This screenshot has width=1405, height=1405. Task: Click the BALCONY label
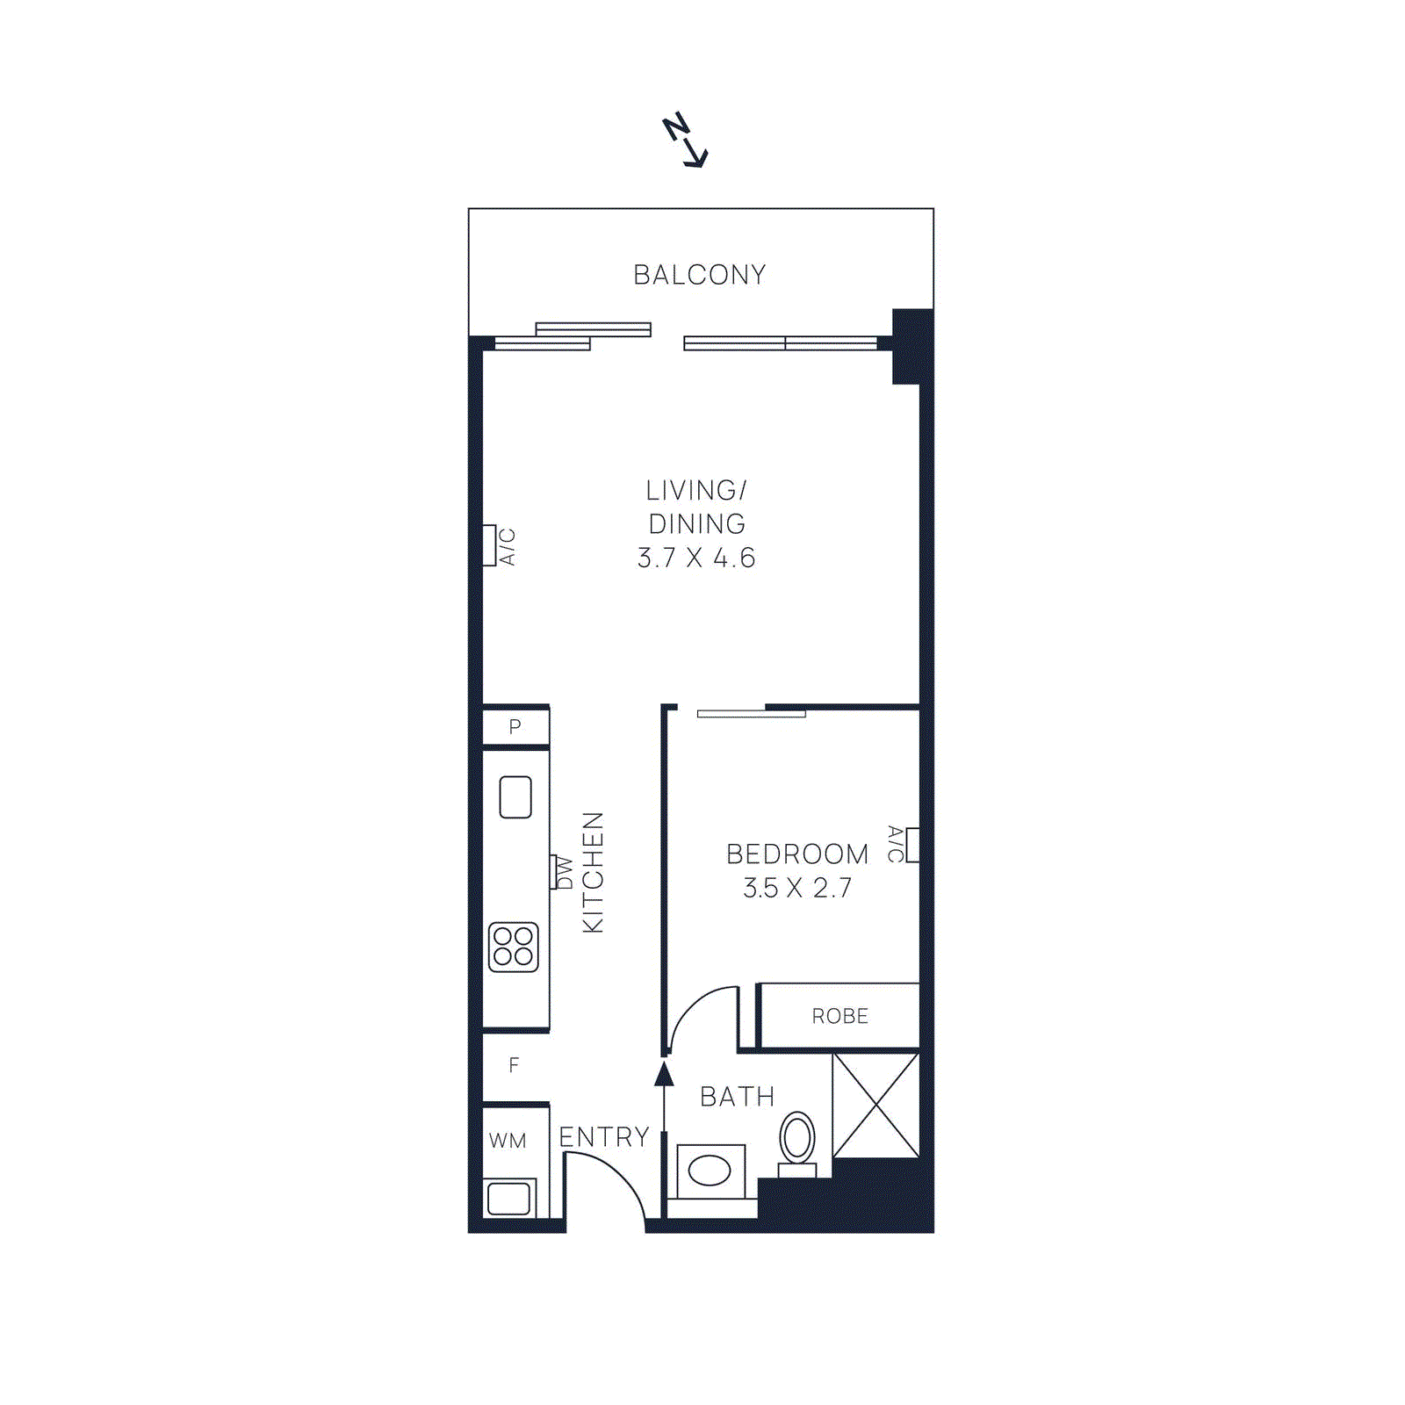click(x=700, y=275)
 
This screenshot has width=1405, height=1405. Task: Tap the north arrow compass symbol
click(x=685, y=140)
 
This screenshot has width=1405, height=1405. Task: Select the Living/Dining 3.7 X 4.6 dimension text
click(x=696, y=558)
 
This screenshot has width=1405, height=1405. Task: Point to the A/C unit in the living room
click(x=489, y=545)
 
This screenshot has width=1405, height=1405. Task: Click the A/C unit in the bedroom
click(x=912, y=845)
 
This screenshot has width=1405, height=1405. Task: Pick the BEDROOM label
click(x=797, y=854)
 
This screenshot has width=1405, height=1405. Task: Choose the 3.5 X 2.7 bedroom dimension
click(x=797, y=889)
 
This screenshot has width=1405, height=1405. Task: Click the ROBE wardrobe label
click(x=839, y=1016)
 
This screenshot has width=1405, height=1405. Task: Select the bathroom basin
click(x=710, y=1171)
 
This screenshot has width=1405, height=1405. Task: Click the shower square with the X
click(x=875, y=1106)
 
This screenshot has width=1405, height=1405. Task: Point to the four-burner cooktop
click(x=514, y=947)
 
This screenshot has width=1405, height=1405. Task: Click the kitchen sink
click(x=515, y=797)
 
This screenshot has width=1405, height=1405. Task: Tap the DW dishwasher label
click(x=565, y=873)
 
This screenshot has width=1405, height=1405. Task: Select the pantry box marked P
click(x=515, y=727)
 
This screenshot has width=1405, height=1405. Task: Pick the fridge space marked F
click(x=515, y=1065)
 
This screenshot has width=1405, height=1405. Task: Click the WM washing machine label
click(x=508, y=1141)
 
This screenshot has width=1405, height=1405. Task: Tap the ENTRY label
click(x=604, y=1137)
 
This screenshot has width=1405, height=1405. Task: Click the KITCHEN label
click(x=594, y=872)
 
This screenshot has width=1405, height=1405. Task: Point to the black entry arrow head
click(x=665, y=1073)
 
